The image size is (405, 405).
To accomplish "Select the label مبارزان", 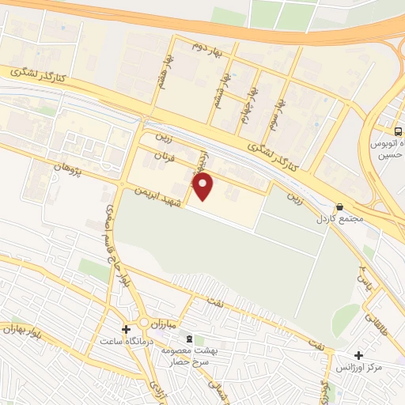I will [x=164, y=324].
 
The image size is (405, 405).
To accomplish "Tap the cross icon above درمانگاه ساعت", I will [x=126, y=328].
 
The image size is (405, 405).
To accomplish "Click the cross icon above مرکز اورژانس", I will [x=359, y=356].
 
